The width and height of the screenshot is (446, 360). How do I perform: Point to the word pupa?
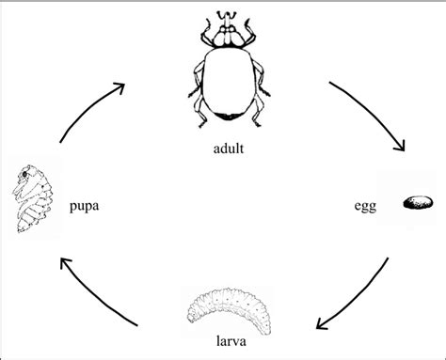pos(86,203)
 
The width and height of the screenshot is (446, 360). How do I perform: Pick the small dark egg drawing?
pos(418,203)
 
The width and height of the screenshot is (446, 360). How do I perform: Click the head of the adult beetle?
pos(225,33)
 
